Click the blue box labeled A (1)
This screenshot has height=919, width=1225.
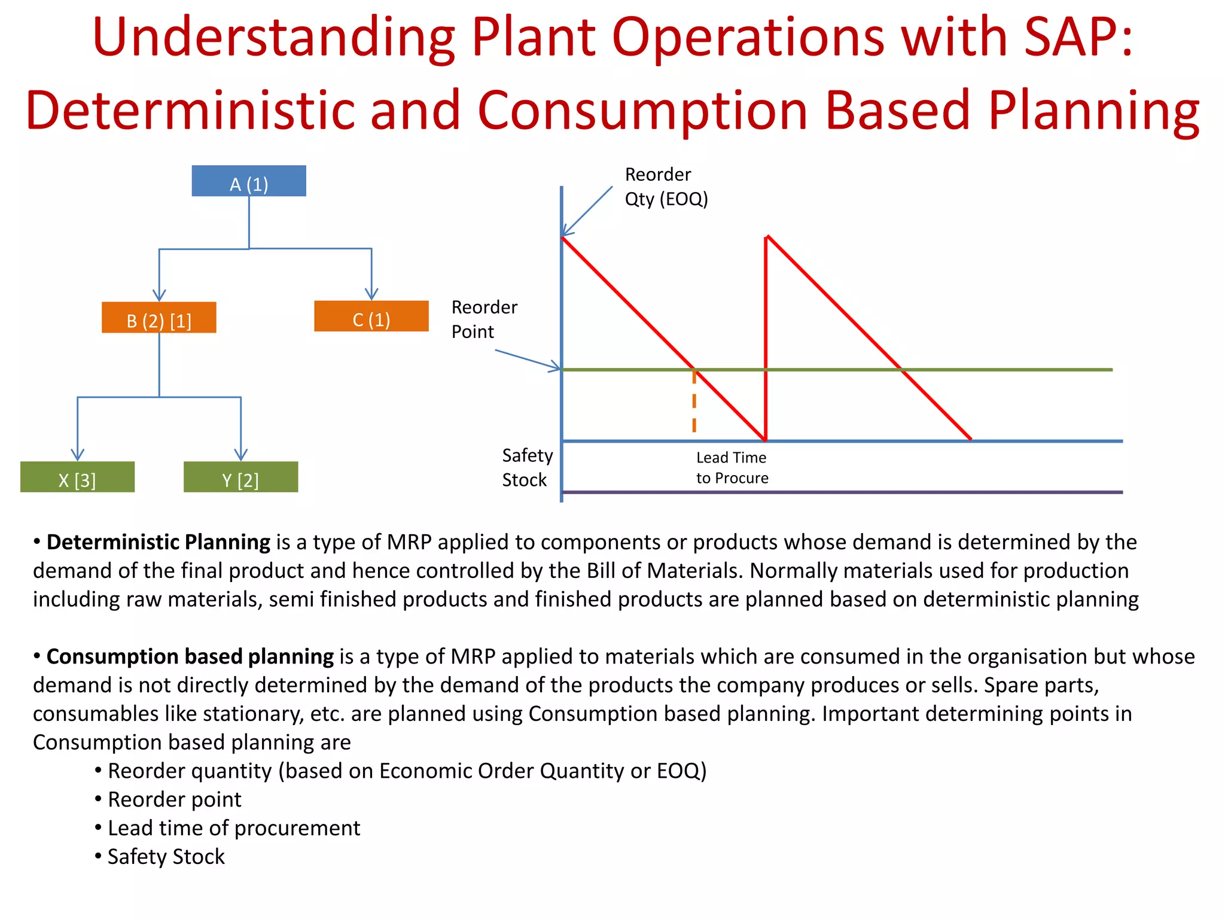[x=249, y=181]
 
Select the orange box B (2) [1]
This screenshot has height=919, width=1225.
[x=159, y=318]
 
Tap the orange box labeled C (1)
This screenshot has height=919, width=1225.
[x=371, y=317]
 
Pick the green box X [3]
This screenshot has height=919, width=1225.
[x=77, y=477]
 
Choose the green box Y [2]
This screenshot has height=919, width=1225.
[x=240, y=477]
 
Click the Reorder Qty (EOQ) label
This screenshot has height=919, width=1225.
[x=666, y=187]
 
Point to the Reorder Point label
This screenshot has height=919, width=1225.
[x=484, y=319]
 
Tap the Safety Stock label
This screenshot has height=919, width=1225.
[x=527, y=467]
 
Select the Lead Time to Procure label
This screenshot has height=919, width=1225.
[x=732, y=467]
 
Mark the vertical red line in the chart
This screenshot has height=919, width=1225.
[x=766, y=335]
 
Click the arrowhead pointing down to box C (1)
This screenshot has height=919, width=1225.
[x=371, y=294]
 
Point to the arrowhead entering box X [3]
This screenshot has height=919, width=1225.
[x=77, y=454]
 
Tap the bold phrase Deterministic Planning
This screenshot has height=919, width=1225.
[x=159, y=542]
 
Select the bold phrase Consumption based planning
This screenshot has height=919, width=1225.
[x=190, y=657]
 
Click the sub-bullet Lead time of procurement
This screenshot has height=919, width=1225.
[x=234, y=828]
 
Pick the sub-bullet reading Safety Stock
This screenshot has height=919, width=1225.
[x=166, y=857]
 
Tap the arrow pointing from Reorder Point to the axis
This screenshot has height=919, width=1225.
[x=526, y=359]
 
